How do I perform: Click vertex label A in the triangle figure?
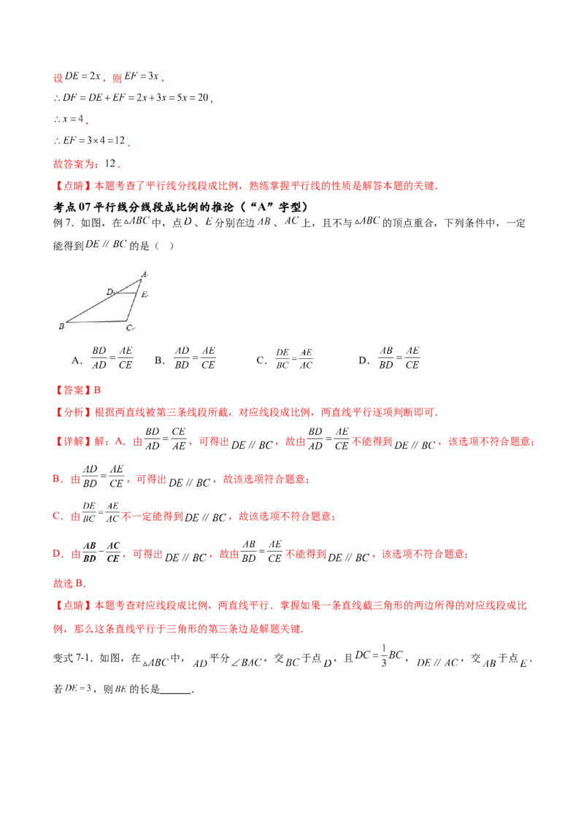[145, 274]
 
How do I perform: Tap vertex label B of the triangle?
[61, 327]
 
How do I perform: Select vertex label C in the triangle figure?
[129, 328]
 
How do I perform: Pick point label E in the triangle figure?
[145, 294]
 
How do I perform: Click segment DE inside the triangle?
[125, 294]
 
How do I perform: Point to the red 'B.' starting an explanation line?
[56, 479]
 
